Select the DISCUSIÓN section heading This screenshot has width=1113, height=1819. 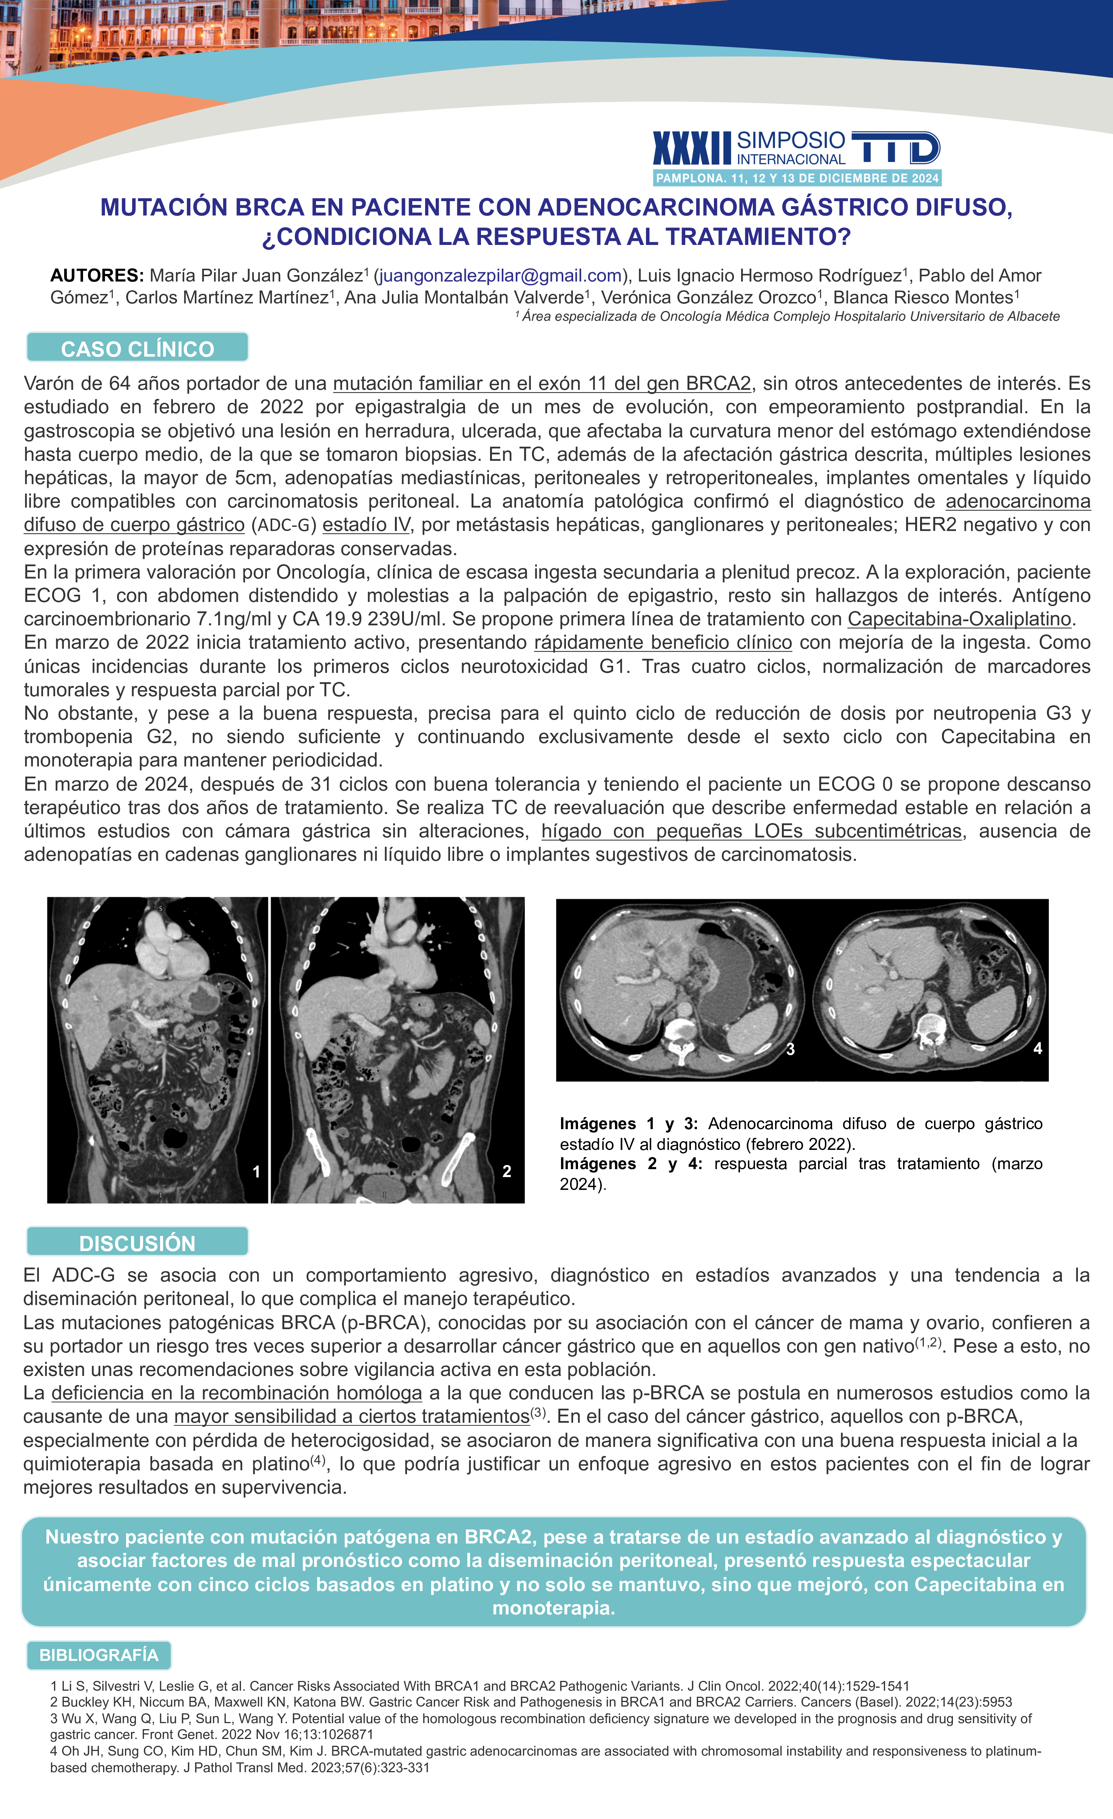137,1243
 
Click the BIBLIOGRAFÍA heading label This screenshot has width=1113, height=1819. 99,1655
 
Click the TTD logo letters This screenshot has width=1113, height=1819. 895,148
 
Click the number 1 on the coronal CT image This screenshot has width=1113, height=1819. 256,1171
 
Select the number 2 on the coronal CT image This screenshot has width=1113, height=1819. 507,1171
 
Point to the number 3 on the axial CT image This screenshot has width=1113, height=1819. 790,1049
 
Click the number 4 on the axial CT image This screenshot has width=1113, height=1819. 1037,1048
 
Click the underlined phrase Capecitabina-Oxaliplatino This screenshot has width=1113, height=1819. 959,619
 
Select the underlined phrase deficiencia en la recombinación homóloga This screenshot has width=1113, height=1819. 236,1393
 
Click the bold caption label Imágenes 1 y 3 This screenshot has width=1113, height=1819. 629,1123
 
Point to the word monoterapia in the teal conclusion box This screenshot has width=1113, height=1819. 554,1608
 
